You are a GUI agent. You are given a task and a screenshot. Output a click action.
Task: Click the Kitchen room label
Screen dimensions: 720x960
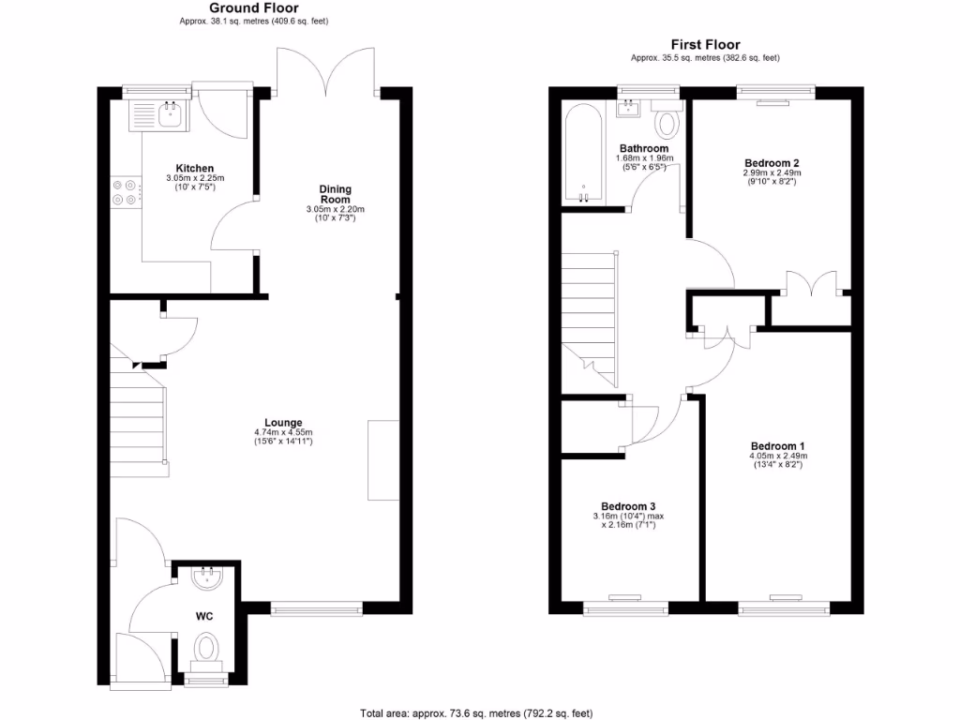click(x=184, y=168)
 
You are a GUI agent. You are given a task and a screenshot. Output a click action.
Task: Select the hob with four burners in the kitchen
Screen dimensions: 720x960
click(x=125, y=191)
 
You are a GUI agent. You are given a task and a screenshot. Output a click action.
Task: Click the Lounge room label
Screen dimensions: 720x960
click(x=283, y=422)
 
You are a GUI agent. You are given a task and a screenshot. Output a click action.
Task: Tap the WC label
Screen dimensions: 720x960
click(x=203, y=616)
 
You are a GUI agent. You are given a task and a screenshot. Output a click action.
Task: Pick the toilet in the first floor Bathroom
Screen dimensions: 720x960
click(x=667, y=123)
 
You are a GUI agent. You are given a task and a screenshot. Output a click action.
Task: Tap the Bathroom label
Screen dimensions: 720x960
click(x=643, y=148)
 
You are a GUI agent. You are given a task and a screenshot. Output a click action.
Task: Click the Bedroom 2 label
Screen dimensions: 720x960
click(x=772, y=162)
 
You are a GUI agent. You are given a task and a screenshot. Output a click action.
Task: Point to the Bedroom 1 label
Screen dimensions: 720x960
click(x=778, y=445)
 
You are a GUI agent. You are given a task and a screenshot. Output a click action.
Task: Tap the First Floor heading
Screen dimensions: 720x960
click(x=705, y=44)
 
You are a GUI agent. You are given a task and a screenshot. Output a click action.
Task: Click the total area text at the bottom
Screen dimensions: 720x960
click(x=476, y=712)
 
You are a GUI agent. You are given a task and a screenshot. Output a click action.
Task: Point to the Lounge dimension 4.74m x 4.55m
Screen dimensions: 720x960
click(x=283, y=432)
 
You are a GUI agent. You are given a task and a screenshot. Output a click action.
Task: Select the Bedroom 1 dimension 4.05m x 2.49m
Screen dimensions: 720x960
click(x=778, y=457)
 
